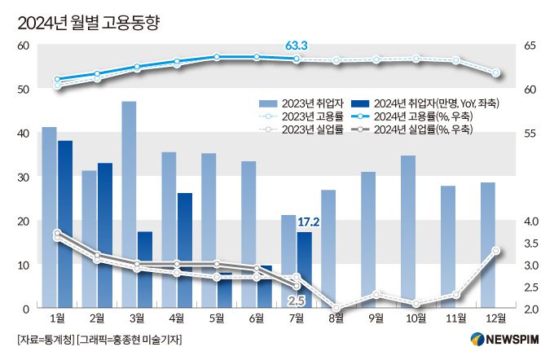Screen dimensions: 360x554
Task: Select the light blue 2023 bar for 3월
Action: coord(129,204)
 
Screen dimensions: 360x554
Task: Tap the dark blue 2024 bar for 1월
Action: coord(65,224)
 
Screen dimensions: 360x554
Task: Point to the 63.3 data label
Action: coord(297,46)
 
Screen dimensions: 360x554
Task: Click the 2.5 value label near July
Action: coord(297,301)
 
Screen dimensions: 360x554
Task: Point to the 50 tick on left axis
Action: coord(24,89)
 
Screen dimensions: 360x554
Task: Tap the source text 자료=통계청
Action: coord(46,340)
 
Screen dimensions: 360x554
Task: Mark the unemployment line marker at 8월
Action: coord(336,309)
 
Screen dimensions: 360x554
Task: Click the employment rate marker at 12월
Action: coord(495,73)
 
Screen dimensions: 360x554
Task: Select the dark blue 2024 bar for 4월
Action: coord(185,250)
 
